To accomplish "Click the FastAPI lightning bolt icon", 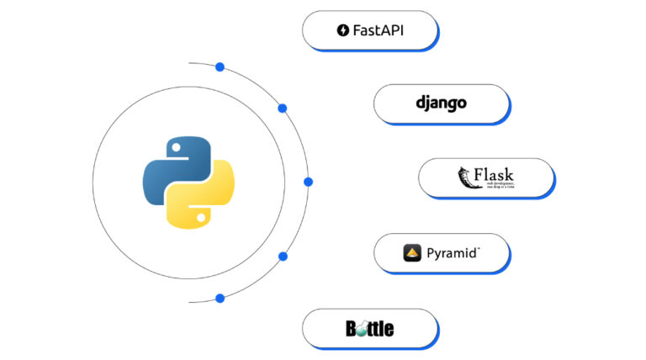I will [x=342, y=31].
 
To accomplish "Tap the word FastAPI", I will [x=378, y=31].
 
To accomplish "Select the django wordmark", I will [x=441, y=103].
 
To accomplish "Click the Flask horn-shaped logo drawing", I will [x=464, y=177].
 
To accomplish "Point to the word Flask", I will [x=494, y=174].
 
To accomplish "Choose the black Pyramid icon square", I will [x=412, y=252].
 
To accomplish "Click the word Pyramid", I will [x=453, y=252].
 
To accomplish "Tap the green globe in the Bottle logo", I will [x=360, y=329].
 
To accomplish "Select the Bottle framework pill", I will [x=370, y=328].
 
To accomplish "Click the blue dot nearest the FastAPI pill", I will [x=220, y=66].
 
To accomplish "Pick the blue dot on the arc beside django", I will [x=283, y=108].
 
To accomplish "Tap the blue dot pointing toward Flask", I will [x=308, y=182].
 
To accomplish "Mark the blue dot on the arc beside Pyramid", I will [x=283, y=256].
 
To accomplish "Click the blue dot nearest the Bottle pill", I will [x=220, y=298].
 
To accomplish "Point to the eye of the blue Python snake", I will [x=175, y=146].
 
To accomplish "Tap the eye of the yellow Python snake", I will [x=202, y=218].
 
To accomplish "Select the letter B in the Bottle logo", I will [x=352, y=328].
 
